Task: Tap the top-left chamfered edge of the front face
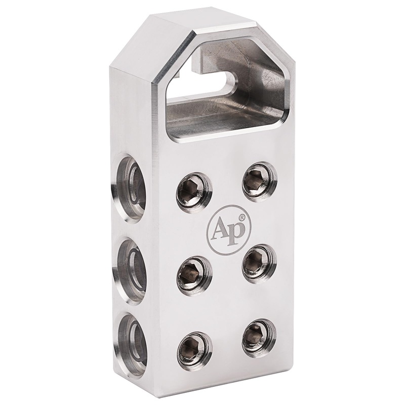[175, 59]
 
